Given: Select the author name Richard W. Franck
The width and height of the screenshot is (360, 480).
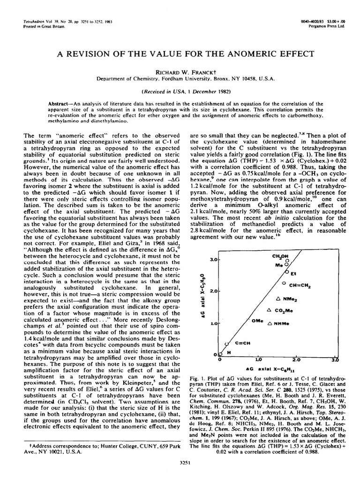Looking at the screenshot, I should [180, 73].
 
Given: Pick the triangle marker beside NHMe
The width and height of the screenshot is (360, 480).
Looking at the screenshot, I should [269, 323].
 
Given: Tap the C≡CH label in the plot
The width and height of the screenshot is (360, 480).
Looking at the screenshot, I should [242, 343].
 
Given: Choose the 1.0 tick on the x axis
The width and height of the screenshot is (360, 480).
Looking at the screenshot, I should [258, 360].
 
